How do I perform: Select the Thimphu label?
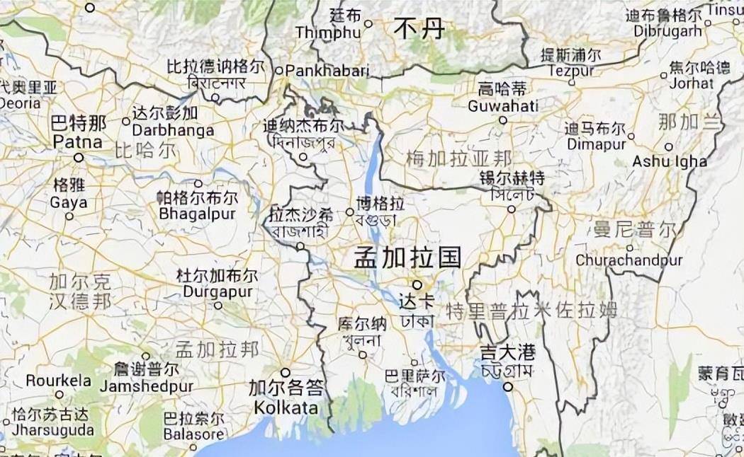327,33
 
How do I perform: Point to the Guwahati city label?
502,106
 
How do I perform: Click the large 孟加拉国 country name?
408,257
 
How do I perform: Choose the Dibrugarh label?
665,31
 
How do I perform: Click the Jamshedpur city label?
146,386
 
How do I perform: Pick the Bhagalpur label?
197,213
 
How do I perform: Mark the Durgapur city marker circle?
218,306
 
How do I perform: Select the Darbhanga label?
173,130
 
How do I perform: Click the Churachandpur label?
629,260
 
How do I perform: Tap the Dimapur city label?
595,144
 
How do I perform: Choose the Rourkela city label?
59,381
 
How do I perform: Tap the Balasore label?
193,435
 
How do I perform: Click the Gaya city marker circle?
69,216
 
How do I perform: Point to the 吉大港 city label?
507,352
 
